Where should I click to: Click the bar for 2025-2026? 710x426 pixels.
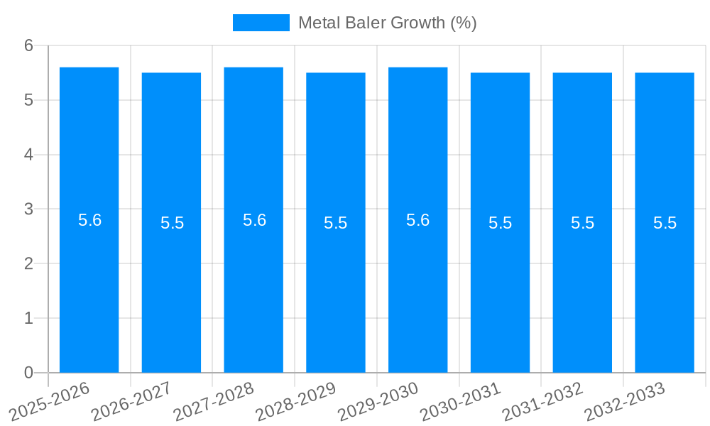89,284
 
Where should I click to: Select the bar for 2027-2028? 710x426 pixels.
253,284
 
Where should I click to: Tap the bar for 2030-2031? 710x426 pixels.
500,284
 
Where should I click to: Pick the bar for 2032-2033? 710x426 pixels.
665,284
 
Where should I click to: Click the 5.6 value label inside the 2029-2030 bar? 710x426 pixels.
417,220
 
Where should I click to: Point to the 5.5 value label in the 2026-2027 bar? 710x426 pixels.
172,223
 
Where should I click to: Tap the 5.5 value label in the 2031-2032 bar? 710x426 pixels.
582,223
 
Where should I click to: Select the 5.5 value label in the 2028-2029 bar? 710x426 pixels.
335,223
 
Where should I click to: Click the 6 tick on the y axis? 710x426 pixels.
28,45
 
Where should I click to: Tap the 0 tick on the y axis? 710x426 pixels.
28,373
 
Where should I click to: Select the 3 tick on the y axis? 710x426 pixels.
28,209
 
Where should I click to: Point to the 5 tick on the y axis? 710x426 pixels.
28,100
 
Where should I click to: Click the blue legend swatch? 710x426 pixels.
261,23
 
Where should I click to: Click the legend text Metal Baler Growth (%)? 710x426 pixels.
387,23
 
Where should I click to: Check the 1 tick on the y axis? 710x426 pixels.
28,318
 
